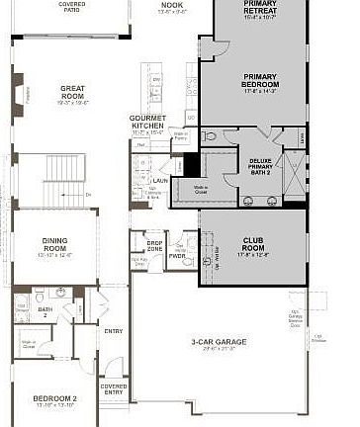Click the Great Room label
(x=72, y=90)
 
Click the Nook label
(x=172, y=5)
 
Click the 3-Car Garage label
(x=219, y=343)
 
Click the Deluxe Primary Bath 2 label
(x=261, y=163)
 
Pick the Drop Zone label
(x=154, y=244)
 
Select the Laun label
(x=158, y=181)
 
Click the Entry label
(x=114, y=331)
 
